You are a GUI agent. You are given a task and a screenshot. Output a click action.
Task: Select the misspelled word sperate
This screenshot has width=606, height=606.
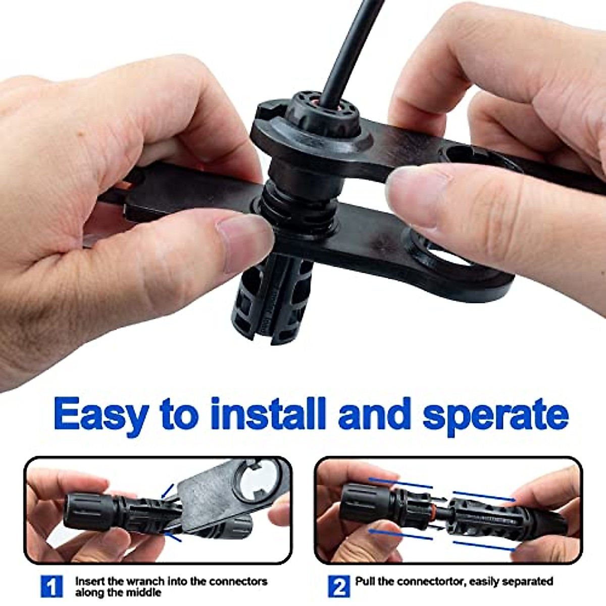click(x=495, y=415)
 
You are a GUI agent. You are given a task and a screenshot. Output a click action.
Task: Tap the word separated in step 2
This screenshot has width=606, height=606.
click(x=528, y=581)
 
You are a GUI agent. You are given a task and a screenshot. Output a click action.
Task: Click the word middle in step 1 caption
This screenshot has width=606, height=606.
click(x=146, y=592)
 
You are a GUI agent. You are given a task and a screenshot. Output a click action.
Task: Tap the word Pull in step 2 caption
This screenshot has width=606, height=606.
click(x=365, y=581)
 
